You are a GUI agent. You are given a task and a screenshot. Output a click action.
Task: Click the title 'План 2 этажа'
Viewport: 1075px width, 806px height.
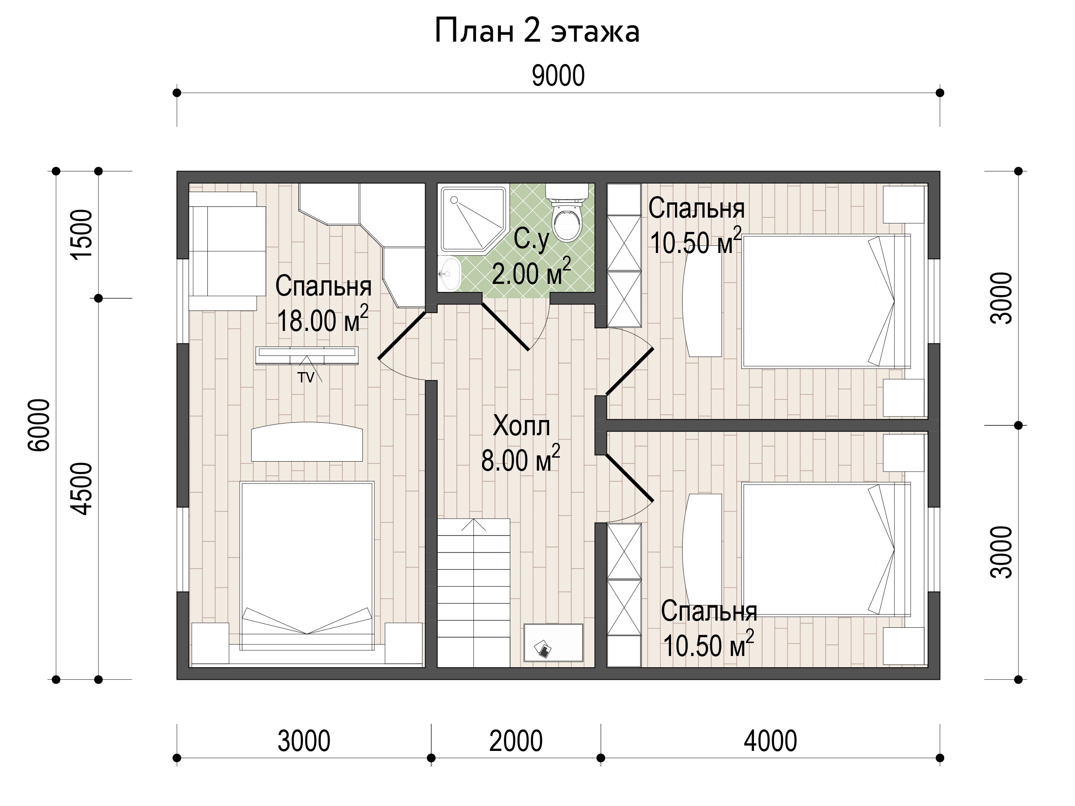pyautogui.click(x=537, y=31)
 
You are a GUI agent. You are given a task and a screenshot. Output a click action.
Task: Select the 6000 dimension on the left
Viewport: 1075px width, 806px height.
pyautogui.click(x=39, y=425)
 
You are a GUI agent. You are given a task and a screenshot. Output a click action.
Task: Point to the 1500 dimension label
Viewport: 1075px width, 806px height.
pyautogui.click(x=81, y=235)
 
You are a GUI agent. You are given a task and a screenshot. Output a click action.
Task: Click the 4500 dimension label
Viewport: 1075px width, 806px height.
pyautogui.click(x=81, y=488)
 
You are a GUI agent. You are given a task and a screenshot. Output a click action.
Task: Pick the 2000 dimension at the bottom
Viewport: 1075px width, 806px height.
pyautogui.click(x=516, y=741)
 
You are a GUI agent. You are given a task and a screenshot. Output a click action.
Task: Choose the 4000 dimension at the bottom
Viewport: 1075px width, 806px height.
pyautogui.click(x=770, y=741)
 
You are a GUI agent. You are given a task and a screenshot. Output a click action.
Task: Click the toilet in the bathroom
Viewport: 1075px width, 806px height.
pyautogui.click(x=567, y=212)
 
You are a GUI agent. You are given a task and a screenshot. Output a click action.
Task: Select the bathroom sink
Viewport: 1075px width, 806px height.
pyautogui.click(x=450, y=274)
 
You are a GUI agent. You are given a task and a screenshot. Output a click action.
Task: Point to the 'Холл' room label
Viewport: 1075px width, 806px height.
pyautogui.click(x=521, y=426)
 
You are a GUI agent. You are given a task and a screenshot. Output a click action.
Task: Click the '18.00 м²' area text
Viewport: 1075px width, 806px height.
pyautogui.click(x=322, y=319)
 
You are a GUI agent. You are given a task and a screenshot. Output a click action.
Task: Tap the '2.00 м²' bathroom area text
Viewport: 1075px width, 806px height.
pyautogui.click(x=531, y=272)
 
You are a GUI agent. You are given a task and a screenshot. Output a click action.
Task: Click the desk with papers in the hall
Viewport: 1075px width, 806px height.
pyautogui.click(x=554, y=642)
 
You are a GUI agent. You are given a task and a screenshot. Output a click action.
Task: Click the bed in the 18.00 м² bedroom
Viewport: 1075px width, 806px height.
pyautogui.click(x=307, y=566)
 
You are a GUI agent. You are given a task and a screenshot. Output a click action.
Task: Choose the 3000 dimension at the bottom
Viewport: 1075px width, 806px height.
pyautogui.click(x=304, y=741)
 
